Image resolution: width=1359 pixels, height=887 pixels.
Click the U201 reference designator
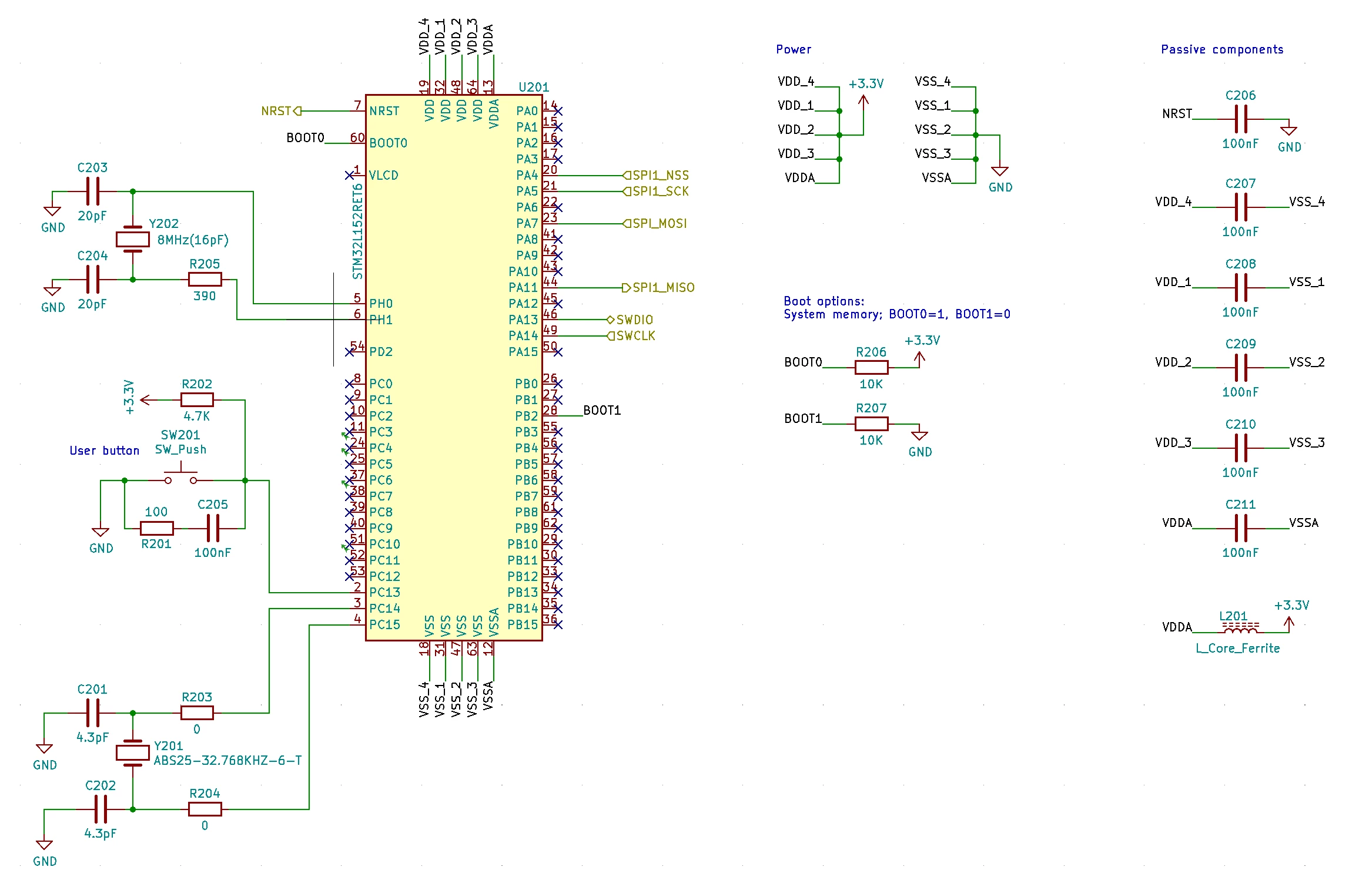tap(534, 87)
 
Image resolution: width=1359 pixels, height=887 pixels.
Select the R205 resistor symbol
tap(205, 280)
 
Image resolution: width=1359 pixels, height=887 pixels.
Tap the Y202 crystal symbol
tap(133, 239)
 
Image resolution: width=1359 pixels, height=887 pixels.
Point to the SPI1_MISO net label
tap(658, 288)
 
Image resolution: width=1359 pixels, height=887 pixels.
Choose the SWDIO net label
tap(630, 320)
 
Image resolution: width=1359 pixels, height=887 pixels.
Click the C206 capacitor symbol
tap(1241, 119)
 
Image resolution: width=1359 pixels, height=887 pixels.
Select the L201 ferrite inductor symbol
tap(1240, 629)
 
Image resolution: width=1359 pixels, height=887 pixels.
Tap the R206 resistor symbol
tap(871, 368)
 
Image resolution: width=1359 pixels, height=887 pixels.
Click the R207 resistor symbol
tap(871, 424)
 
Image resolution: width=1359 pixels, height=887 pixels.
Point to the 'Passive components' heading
tap(1222, 50)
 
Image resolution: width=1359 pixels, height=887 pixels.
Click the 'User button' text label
tap(105, 451)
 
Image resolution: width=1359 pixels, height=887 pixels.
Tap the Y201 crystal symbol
tap(133, 752)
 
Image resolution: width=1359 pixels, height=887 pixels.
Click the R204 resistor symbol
tap(205, 809)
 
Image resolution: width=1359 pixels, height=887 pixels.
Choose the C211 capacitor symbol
tap(1241, 528)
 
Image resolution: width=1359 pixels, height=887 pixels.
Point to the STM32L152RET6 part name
tap(357, 231)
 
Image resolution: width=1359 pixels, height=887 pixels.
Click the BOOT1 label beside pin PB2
tap(602, 410)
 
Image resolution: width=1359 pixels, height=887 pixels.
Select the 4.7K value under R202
tap(197, 416)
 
